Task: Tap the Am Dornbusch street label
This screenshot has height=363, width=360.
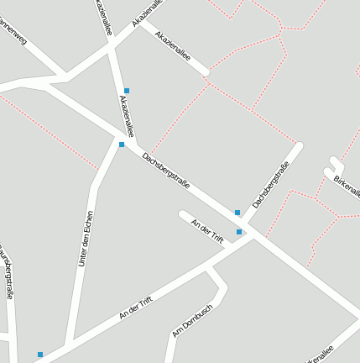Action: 192,320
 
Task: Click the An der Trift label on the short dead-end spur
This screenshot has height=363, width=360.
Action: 206,230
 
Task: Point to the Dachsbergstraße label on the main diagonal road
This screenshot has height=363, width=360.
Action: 165,171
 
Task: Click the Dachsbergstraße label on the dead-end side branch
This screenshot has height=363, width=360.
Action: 271,185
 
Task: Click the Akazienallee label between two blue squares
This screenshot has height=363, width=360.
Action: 127,116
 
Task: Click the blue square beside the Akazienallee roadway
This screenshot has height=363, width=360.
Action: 127,91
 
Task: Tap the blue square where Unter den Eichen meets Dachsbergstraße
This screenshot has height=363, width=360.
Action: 122,145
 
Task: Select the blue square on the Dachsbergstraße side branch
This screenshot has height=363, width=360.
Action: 237,213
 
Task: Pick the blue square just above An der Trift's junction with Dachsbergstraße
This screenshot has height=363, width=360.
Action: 239,232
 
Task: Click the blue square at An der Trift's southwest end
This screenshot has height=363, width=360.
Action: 40,355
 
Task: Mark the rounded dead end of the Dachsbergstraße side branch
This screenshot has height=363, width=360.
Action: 298,147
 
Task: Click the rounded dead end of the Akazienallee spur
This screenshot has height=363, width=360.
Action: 206,73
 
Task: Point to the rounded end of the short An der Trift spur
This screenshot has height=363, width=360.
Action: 182,214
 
